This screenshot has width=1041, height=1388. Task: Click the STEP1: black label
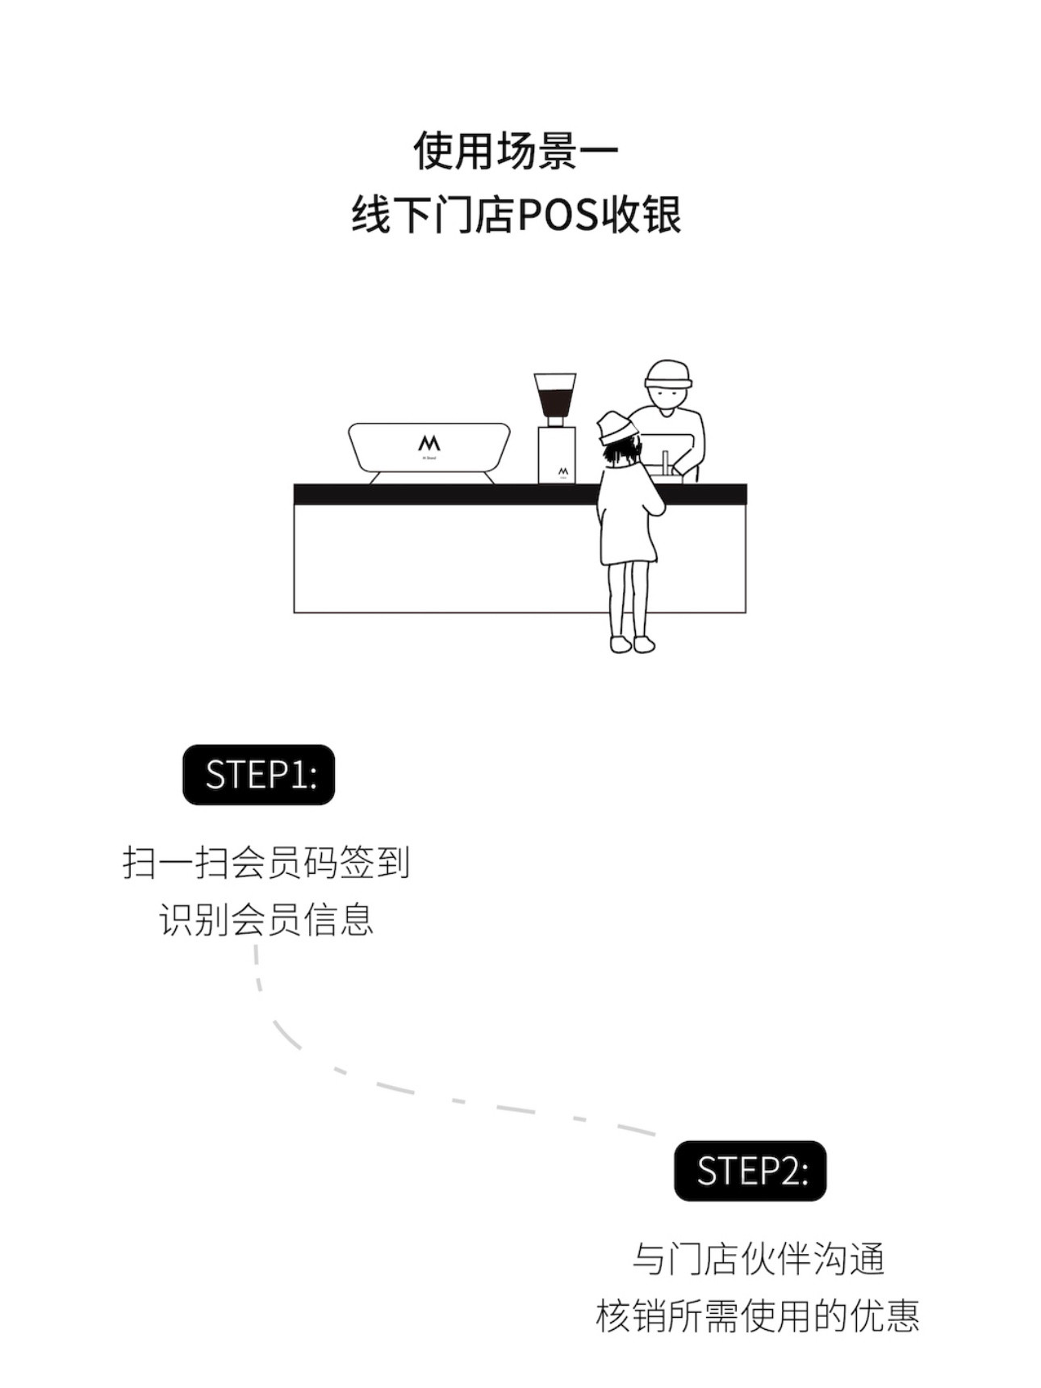(258, 775)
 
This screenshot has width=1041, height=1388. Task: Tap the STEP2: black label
(750, 1171)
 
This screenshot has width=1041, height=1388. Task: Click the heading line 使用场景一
(516, 151)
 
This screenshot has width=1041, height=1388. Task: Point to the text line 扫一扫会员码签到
(266, 863)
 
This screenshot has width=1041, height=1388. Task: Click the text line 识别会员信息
(266, 919)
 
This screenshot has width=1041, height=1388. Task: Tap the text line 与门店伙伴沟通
(759, 1259)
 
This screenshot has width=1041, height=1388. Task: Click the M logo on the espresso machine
(429, 444)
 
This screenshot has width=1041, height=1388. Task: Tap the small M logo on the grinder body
(562, 470)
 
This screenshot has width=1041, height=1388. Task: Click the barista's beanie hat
(668, 374)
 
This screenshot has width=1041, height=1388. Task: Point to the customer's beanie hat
(616, 426)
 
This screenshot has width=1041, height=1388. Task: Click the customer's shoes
(633, 644)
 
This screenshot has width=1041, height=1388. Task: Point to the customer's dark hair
(622, 453)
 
